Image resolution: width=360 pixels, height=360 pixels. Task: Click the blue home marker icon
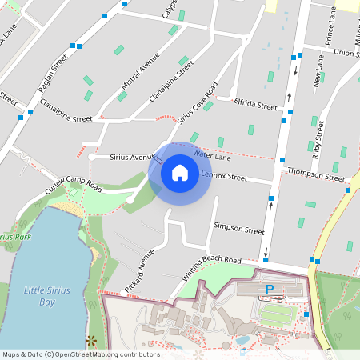pos(180,172)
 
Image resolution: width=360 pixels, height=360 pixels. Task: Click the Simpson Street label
pos(238,229)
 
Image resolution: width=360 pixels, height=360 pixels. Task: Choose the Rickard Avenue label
pos(139,270)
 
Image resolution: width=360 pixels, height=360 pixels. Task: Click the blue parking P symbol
pos(270,289)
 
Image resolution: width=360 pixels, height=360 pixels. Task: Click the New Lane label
pos(318,70)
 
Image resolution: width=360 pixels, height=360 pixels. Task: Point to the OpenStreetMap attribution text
pos(80,354)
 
